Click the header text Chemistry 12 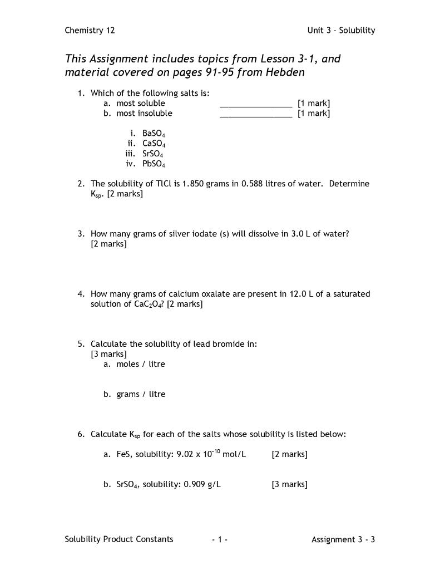click(x=90, y=31)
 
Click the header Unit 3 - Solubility click(x=341, y=31)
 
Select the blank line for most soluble click(x=255, y=104)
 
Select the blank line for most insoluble click(x=255, y=114)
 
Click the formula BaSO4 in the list click(x=154, y=134)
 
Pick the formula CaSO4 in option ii click(x=154, y=144)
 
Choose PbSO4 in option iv click(x=154, y=164)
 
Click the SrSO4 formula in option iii click(x=152, y=154)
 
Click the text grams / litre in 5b click(x=141, y=394)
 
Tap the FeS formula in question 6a click(x=123, y=454)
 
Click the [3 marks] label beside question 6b click(x=289, y=484)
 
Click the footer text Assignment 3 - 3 click(x=343, y=539)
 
